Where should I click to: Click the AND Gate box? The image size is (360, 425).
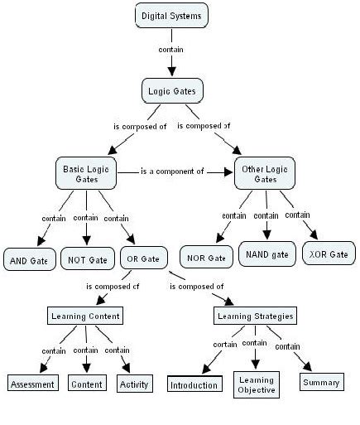point(30,259)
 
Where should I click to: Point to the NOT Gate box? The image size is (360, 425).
point(88,259)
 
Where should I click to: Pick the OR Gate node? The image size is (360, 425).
point(144,258)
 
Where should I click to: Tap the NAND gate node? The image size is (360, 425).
point(267,254)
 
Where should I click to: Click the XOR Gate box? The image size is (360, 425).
point(329,254)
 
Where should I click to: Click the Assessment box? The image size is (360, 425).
point(33,384)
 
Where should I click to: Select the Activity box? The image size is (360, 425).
point(134,384)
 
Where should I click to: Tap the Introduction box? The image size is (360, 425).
point(194,384)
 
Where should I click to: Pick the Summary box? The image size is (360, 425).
point(320,382)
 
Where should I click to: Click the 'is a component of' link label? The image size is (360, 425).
point(172,171)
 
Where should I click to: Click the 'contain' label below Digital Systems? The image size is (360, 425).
point(170,49)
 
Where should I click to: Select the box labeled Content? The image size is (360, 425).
point(86,384)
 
